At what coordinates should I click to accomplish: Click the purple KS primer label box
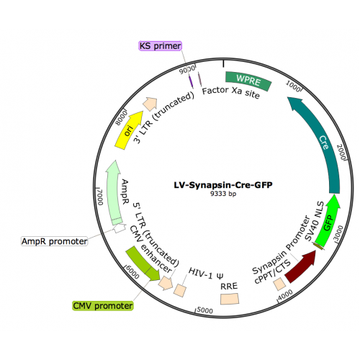point(160,46)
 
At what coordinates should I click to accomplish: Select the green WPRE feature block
point(248,80)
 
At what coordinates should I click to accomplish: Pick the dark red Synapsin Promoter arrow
point(301,266)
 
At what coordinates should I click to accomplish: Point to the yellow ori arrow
point(128,130)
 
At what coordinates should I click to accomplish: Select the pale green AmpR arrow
point(114,193)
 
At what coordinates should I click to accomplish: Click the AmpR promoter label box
point(55,241)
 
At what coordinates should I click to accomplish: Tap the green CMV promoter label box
point(102,306)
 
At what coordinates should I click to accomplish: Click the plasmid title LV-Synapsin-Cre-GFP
point(223,185)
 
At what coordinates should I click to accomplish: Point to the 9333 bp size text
point(223,194)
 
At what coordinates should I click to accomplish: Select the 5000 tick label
point(204,310)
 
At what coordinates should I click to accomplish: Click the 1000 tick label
point(293,86)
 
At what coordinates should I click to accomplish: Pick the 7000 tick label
point(100,197)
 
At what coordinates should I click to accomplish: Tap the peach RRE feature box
point(230,299)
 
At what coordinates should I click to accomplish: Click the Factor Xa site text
point(231,92)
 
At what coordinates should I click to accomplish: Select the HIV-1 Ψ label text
point(206,274)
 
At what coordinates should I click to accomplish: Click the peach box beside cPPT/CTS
point(280,284)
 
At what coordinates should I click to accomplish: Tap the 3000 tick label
point(338,233)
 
